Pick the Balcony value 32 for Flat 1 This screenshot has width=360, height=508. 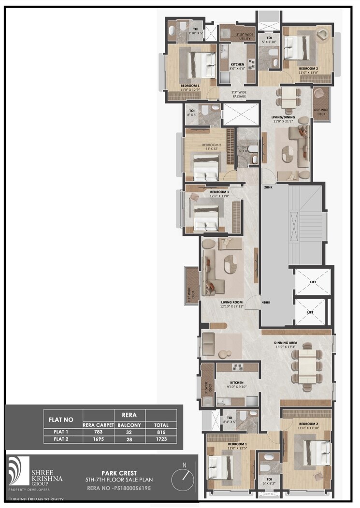point(129,431)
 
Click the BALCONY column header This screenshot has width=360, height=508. point(129,424)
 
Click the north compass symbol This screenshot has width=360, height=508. point(184,476)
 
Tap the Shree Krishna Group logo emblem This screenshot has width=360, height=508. point(18,470)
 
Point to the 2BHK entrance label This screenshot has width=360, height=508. point(268,187)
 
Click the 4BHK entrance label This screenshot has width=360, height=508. point(266,303)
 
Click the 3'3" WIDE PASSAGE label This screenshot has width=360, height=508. point(239,95)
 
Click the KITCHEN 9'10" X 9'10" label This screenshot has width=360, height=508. point(237,384)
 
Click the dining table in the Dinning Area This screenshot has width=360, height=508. point(306,366)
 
